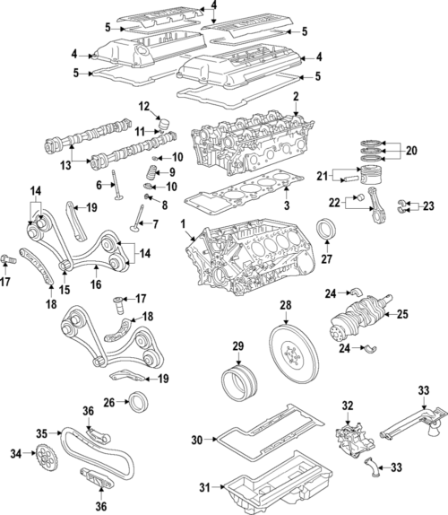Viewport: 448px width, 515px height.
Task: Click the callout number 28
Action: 285,307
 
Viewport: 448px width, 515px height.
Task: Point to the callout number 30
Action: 197,440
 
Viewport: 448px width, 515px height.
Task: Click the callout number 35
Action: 40,433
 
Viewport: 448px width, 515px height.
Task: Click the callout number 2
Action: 295,95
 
